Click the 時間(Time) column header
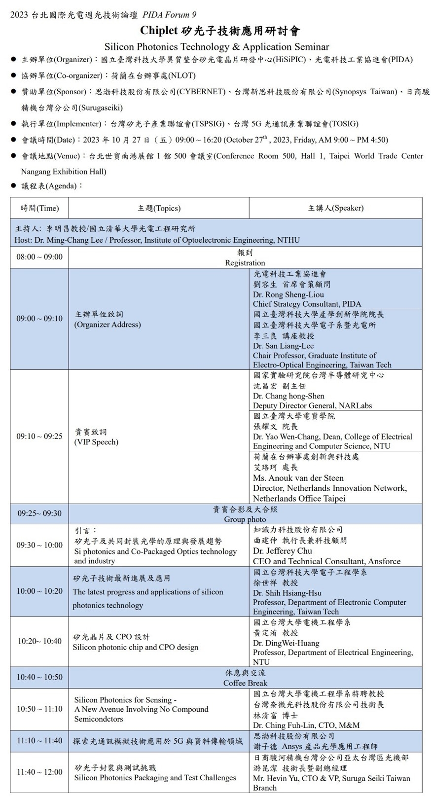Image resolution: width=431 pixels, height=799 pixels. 39,208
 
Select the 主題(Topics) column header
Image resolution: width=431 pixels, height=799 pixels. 159,208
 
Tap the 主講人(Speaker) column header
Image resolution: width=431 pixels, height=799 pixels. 335,208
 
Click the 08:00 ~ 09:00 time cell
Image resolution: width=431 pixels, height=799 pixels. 39,257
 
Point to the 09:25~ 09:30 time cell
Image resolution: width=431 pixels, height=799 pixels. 39,513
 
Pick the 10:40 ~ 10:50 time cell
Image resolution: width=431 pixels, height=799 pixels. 39,677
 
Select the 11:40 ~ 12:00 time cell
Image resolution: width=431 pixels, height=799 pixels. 39,772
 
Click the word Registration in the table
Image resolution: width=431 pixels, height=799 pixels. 245,263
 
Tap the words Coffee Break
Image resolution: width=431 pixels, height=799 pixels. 245,683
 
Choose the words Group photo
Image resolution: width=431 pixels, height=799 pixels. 245,519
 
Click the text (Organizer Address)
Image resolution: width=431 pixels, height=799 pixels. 108,325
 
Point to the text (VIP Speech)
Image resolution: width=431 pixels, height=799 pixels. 96,442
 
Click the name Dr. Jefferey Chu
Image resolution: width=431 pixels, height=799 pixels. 282,551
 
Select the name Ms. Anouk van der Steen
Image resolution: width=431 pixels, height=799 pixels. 298,478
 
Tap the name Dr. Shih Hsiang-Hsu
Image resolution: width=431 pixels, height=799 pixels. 287,593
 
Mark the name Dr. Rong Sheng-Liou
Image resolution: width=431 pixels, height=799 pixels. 288,294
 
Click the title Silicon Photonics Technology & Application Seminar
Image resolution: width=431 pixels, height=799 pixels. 216,47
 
